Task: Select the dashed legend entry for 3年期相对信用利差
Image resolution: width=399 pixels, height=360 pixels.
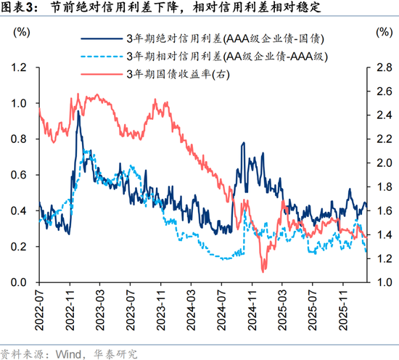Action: [210, 56]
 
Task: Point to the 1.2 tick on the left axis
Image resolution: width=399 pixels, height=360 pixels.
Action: [19, 67]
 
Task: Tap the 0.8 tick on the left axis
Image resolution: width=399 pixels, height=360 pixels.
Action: [19, 139]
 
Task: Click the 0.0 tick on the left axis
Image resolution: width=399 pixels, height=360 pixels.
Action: [19, 282]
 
